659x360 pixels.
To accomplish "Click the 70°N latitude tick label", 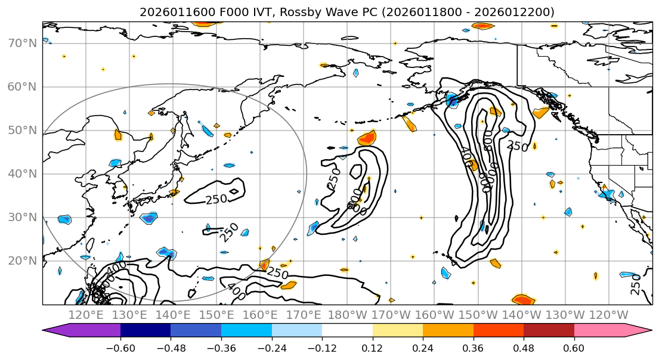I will tap(21, 44).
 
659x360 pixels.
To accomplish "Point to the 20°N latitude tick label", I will tap(21, 261).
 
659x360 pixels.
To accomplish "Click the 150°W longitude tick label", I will tap(478, 315).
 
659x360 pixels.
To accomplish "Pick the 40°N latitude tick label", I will tap(21, 174).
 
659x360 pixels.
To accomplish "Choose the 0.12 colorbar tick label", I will tap(372, 347).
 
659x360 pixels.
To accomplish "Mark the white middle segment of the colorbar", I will tap(347, 331).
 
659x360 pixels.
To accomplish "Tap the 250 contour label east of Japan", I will tap(216, 199).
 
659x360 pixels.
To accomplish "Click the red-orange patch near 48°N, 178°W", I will tap(367, 138).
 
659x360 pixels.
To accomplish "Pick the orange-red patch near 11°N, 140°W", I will tap(522, 299).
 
